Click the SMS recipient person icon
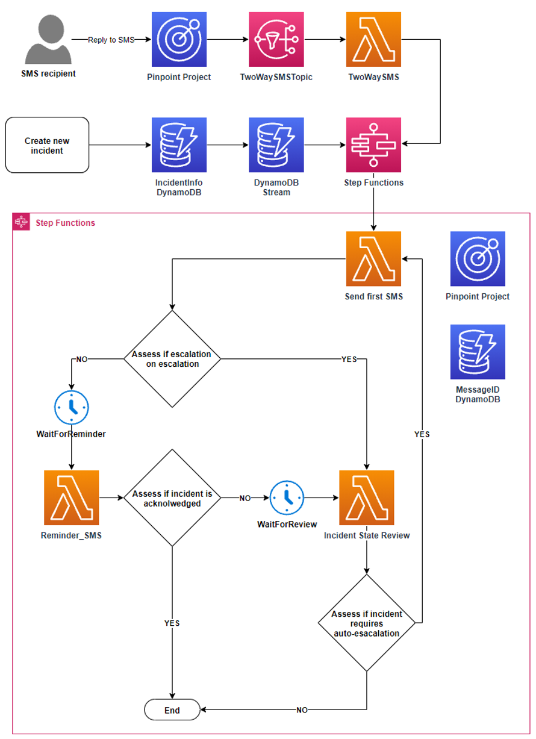click(x=49, y=39)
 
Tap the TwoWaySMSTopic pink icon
click(x=276, y=39)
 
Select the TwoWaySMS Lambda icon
click(x=373, y=39)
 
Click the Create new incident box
click(x=47, y=145)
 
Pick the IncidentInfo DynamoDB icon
click(x=179, y=145)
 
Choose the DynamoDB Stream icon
click(x=276, y=145)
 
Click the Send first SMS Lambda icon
click(x=373, y=258)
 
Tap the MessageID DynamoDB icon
click(x=478, y=352)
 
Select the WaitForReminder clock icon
click(x=72, y=407)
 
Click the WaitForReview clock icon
click(x=287, y=497)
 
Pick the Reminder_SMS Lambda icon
click(x=71, y=497)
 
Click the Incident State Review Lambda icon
click(x=366, y=497)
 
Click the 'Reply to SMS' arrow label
click(x=111, y=40)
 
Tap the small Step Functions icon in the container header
click(x=21, y=222)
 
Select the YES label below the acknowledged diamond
click(x=172, y=623)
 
